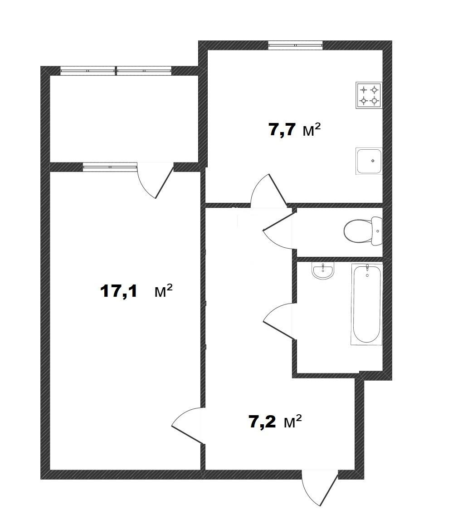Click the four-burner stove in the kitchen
[369, 95]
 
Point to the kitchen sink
[369, 161]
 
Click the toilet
[363, 231]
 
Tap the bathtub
[366, 304]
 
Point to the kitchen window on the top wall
[295, 45]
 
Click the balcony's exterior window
[116, 71]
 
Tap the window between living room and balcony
[110, 167]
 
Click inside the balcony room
[124, 119]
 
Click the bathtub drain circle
[367, 275]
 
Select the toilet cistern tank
[377, 231]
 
